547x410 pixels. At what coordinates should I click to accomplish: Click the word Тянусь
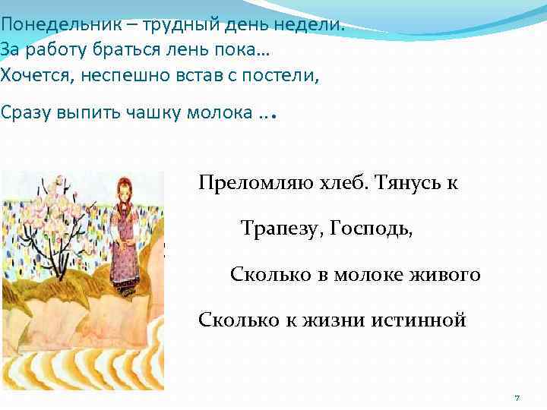click(397, 184)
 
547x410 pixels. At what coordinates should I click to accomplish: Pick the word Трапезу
click(280, 229)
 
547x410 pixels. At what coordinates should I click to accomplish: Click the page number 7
click(517, 398)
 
